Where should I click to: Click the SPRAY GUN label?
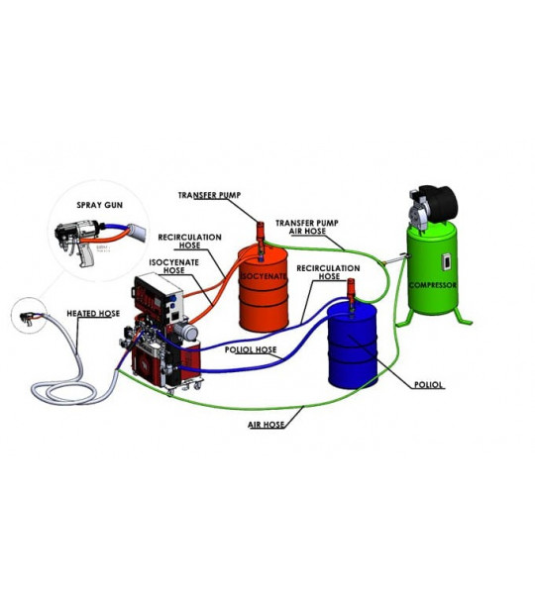click(100, 205)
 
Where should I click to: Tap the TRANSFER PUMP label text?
click(209, 195)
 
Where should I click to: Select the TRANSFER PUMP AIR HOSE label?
click(307, 227)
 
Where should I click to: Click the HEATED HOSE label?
click(93, 313)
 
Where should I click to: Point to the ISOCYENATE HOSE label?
click(174, 266)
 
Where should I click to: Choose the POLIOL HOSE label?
click(251, 349)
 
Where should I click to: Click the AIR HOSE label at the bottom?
click(267, 425)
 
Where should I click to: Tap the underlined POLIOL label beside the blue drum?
click(428, 385)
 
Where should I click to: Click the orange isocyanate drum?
click(263, 289)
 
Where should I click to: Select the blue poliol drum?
click(353, 346)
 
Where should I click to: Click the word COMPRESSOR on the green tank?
click(433, 285)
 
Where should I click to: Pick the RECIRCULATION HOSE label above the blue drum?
click(328, 272)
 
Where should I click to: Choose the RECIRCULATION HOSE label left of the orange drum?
click(189, 242)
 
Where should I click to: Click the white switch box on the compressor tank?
click(447, 261)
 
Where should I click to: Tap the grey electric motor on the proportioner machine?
click(185, 332)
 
